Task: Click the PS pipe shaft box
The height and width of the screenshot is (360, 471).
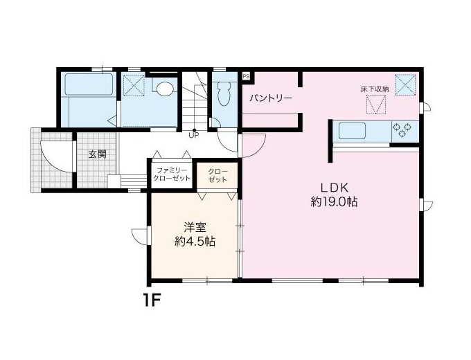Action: pos(246,76)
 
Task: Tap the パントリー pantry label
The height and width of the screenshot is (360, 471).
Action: pos(272,98)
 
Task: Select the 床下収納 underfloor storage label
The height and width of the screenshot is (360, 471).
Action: pos(375,89)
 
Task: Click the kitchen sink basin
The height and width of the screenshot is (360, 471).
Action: pos(353,132)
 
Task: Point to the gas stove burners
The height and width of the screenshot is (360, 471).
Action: pos(404,130)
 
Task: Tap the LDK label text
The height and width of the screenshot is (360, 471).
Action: pos(335,188)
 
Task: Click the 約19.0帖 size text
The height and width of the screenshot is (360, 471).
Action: pos(334,202)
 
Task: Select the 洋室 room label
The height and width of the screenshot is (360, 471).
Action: pos(195,228)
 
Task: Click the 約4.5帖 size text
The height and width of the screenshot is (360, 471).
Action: pos(195,242)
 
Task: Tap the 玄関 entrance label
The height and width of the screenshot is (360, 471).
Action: pos(98,154)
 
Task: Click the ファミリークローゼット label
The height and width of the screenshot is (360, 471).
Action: pos(172,174)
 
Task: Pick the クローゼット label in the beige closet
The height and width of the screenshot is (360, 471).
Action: pos(217,176)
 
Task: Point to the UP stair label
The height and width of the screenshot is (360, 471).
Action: pos(194,135)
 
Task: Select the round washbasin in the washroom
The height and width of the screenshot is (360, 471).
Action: pos(166,89)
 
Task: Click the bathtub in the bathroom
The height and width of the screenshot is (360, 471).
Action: pos(89,84)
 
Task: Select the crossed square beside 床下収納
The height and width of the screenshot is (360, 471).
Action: pos(405,84)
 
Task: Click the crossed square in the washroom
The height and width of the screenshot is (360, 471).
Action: pos(134,86)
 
